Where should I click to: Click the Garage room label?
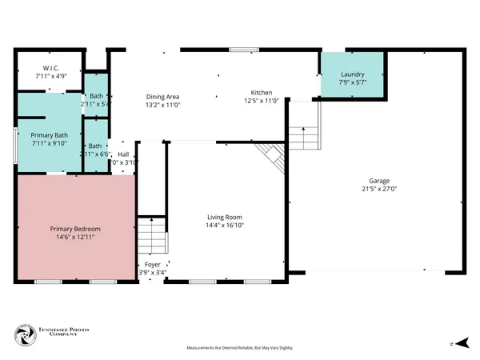tap(379, 180)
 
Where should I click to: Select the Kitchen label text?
tap(261, 92)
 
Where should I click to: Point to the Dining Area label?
tap(162, 96)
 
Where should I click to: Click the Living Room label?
tap(225, 217)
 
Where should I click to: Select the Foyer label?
tap(152, 264)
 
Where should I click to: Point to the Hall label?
tap(123, 154)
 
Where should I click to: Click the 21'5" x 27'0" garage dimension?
tap(379, 190)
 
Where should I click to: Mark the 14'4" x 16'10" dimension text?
tap(225, 226)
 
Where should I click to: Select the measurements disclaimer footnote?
tap(240, 348)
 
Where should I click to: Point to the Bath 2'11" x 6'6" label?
tap(95, 150)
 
